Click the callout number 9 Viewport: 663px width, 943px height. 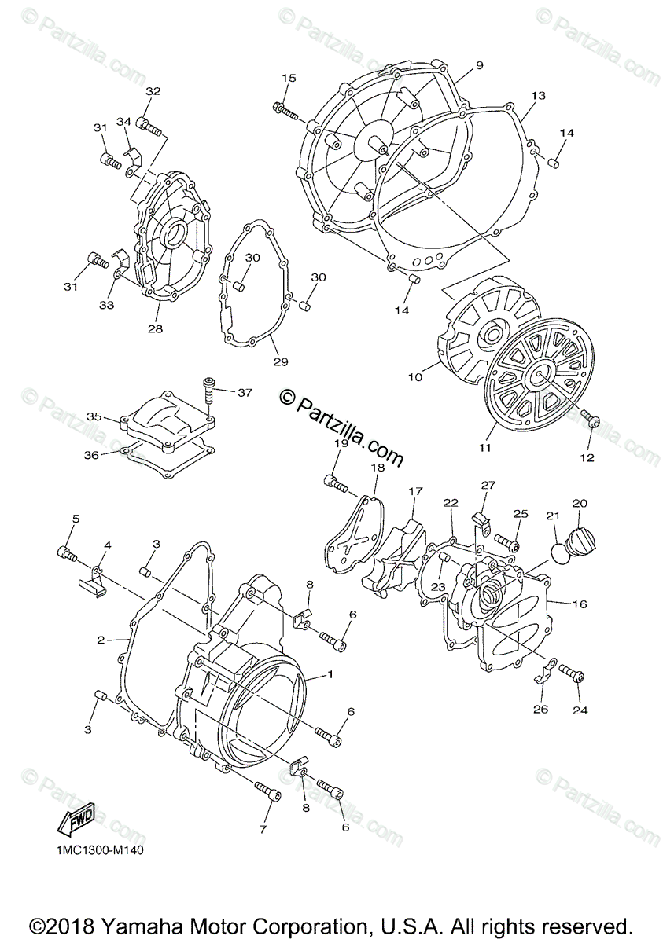tap(479, 64)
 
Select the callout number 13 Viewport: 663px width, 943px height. tap(538, 96)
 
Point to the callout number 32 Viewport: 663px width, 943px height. tap(153, 92)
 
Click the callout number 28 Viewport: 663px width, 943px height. tap(155, 328)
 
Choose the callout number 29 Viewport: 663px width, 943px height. tap(280, 362)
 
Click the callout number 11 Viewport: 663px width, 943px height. tap(484, 447)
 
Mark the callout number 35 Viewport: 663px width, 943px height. tap(94, 416)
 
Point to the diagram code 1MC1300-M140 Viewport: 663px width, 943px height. tap(100, 849)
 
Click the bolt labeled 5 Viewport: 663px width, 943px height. tap(67, 554)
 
